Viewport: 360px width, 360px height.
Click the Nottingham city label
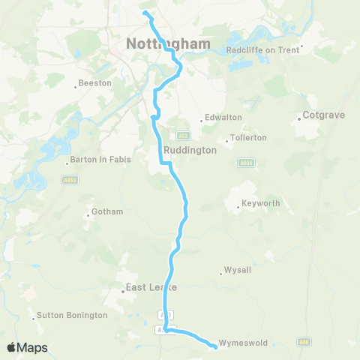168,43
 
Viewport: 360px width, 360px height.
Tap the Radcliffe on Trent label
263,51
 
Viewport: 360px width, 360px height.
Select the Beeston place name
95,83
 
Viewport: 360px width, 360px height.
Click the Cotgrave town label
323,115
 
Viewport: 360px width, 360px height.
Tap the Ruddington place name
190,149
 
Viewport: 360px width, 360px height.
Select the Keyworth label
260,203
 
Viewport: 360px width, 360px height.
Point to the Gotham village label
107,211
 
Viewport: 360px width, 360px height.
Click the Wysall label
239,271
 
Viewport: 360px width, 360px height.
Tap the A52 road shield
184,136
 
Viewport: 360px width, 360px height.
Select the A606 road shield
245,162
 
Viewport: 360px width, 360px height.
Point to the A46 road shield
303,342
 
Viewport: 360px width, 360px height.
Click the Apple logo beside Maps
12,348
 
